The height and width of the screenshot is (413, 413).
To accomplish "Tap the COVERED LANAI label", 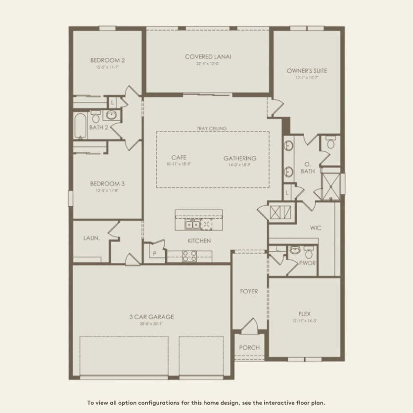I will pos(208,56).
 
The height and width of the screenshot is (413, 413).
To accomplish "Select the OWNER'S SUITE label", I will pos(307,71).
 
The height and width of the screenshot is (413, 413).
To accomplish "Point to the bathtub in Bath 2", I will pos(80,126).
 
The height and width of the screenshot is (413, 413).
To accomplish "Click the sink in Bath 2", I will pos(112,116).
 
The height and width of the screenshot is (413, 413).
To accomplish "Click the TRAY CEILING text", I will pos(211,128).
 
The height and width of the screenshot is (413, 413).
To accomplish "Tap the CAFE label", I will pos(179,158).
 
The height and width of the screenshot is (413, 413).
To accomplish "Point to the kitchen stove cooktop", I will pos(190,256).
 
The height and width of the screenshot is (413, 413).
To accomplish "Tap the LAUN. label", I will pos(92,238).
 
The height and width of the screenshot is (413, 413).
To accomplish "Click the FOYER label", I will pos(249,291).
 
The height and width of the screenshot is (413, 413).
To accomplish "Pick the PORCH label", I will pos(249,347).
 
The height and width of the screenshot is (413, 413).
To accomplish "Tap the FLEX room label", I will pos(304,314).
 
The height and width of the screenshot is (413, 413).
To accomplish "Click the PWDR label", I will pos(307,263).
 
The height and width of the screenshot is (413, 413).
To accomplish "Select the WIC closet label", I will pos(316,229).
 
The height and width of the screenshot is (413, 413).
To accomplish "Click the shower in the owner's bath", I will pos(330,184).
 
